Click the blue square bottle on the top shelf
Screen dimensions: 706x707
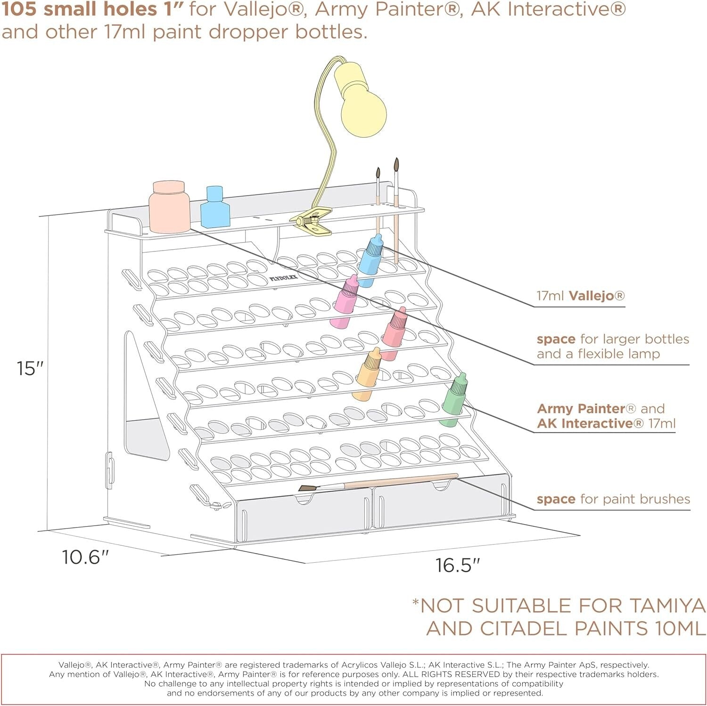point(215,208)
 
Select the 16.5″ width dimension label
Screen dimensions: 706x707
point(457,565)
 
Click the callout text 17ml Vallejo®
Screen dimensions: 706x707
point(580,296)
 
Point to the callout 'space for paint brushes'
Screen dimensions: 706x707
point(613,499)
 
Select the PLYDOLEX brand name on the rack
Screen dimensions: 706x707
point(284,278)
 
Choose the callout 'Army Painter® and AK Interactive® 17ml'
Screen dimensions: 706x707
point(606,416)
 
